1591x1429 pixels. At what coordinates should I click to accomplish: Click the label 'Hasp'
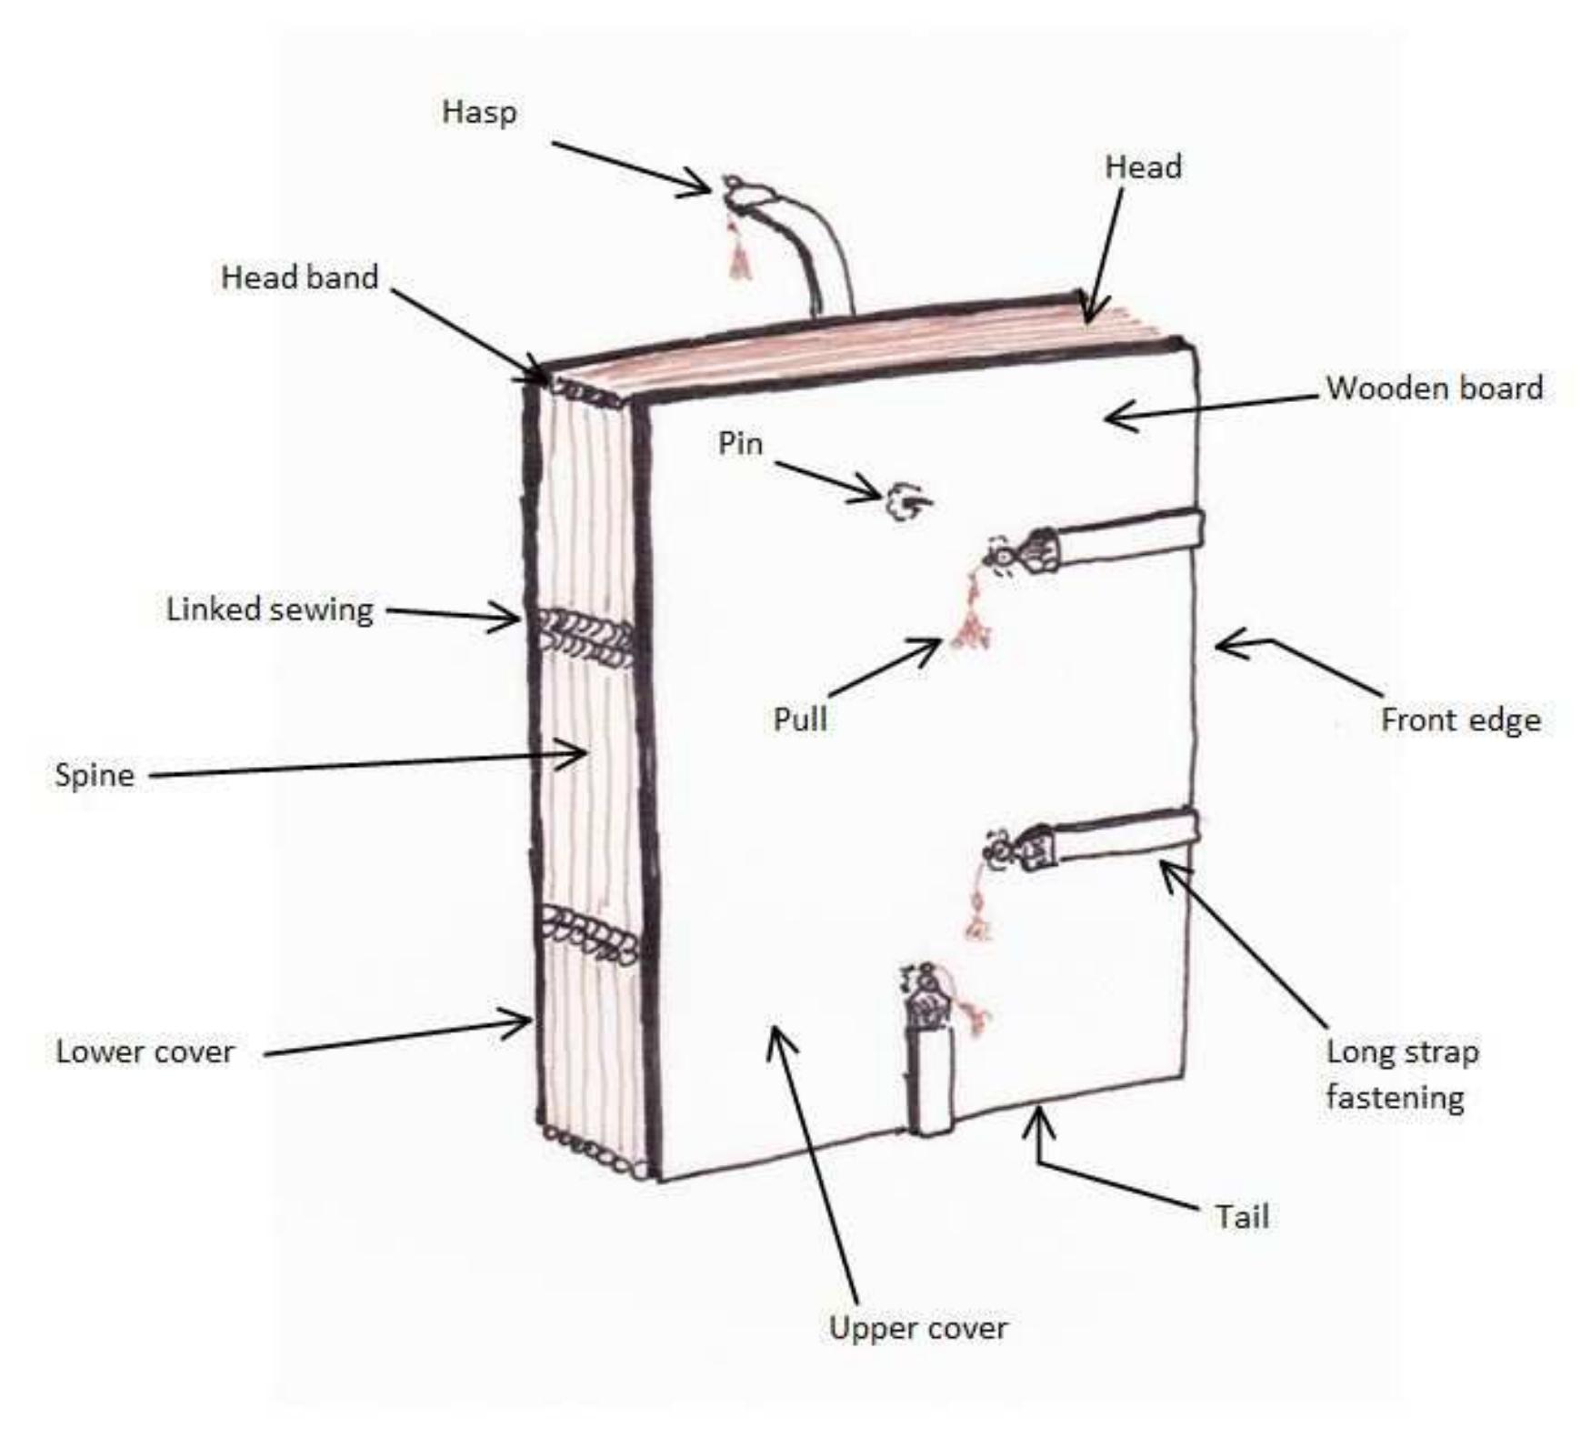click(x=479, y=112)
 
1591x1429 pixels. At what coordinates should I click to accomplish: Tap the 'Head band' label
click(x=299, y=277)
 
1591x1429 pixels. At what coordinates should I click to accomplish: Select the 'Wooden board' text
click(x=1434, y=388)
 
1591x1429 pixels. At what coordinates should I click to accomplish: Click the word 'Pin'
click(x=740, y=444)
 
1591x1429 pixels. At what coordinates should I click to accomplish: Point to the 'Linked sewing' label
click(x=269, y=609)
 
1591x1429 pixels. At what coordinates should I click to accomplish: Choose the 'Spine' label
click(x=94, y=775)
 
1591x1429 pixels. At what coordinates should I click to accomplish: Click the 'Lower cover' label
click(x=145, y=1052)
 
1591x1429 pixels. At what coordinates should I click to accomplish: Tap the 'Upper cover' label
click(x=918, y=1328)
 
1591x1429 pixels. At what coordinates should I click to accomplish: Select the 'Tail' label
click(x=1242, y=1217)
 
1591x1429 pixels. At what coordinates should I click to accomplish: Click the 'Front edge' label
click(x=1460, y=720)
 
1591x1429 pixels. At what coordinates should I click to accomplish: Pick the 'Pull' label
click(x=800, y=720)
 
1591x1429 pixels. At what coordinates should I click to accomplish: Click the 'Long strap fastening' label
click(x=1400, y=1074)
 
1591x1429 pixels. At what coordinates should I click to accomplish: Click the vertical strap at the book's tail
click(x=929, y=1082)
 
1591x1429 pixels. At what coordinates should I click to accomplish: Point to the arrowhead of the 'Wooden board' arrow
click(x=1111, y=418)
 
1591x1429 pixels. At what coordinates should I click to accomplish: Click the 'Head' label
click(x=1143, y=167)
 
